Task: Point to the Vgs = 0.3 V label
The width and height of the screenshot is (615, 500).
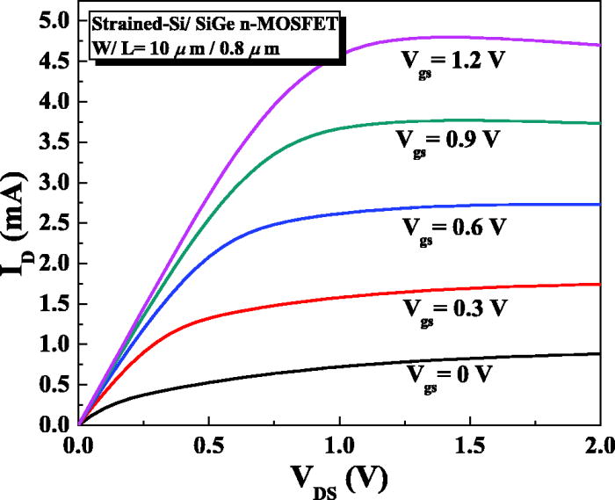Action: [455, 308]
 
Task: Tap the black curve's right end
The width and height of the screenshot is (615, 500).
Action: [600, 353]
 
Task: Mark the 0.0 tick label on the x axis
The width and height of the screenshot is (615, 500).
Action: [79, 445]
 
